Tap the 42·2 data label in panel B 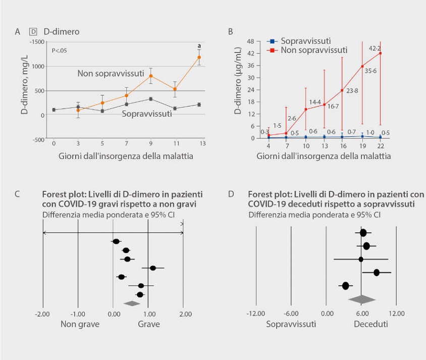(375, 48)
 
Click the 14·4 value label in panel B (315, 102)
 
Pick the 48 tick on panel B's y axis (249, 41)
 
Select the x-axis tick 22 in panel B (380, 146)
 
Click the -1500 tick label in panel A (36, 41)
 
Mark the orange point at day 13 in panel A (199, 57)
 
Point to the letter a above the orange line (199, 46)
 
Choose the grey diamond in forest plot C (132, 303)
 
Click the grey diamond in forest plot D (361, 299)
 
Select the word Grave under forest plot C (149, 324)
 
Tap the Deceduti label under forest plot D (370, 324)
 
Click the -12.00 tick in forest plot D (255, 314)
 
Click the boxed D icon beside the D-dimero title (32, 31)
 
